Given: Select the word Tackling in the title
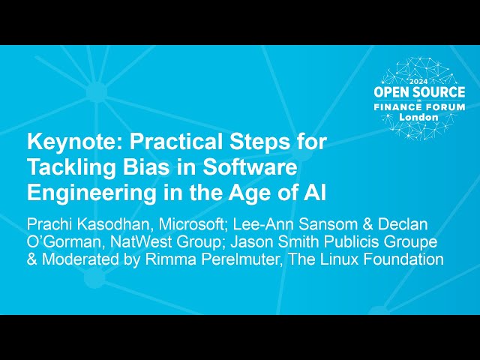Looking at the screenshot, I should tap(68, 166).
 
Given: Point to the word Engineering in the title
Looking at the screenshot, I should tap(78, 191).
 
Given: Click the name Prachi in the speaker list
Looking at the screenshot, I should tap(51, 223).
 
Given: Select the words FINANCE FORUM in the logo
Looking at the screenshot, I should tap(421, 107).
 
